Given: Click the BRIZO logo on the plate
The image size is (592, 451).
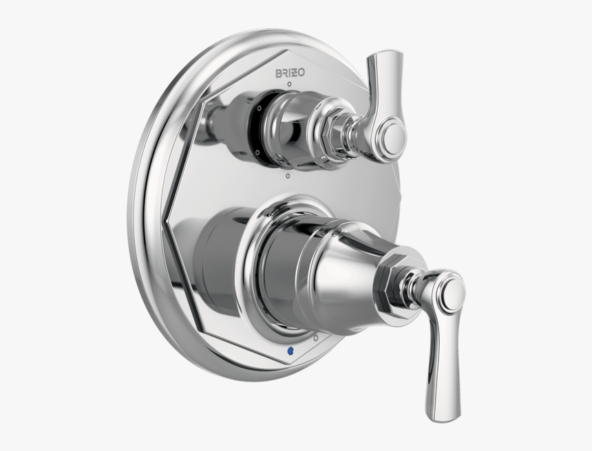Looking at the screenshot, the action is click(x=290, y=72).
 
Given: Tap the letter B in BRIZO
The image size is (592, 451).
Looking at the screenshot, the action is click(x=278, y=73).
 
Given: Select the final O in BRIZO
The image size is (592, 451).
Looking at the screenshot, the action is click(x=302, y=72).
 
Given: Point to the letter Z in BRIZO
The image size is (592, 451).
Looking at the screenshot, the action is click(x=294, y=72).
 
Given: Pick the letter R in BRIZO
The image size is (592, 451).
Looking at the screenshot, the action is click(x=285, y=73).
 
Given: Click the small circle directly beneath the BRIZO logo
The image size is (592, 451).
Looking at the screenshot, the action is click(x=289, y=84).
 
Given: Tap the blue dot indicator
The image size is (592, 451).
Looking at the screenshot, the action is click(x=290, y=351).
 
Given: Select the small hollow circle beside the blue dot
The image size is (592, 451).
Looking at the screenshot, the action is click(x=316, y=338).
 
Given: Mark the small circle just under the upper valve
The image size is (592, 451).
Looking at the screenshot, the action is click(x=288, y=175).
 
